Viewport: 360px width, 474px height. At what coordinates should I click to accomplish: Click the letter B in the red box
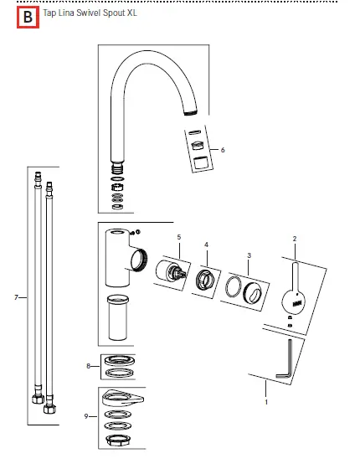point(28,17)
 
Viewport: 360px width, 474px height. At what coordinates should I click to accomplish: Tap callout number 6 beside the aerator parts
point(223,149)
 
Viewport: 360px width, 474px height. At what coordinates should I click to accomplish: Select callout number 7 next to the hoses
point(17,297)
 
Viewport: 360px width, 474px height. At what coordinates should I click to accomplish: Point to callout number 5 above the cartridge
point(178,238)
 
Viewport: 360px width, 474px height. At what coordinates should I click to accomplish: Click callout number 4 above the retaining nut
point(206,245)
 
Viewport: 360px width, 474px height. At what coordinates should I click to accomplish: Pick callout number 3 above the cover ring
point(249,255)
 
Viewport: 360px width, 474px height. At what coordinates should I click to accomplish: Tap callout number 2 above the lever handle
point(294,239)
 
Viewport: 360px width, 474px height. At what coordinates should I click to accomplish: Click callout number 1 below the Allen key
point(266,402)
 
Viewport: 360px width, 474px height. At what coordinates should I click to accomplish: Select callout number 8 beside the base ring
point(88,365)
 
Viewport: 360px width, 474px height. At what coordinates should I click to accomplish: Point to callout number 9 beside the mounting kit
point(88,416)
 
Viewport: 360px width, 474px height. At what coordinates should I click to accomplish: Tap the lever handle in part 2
point(295,289)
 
